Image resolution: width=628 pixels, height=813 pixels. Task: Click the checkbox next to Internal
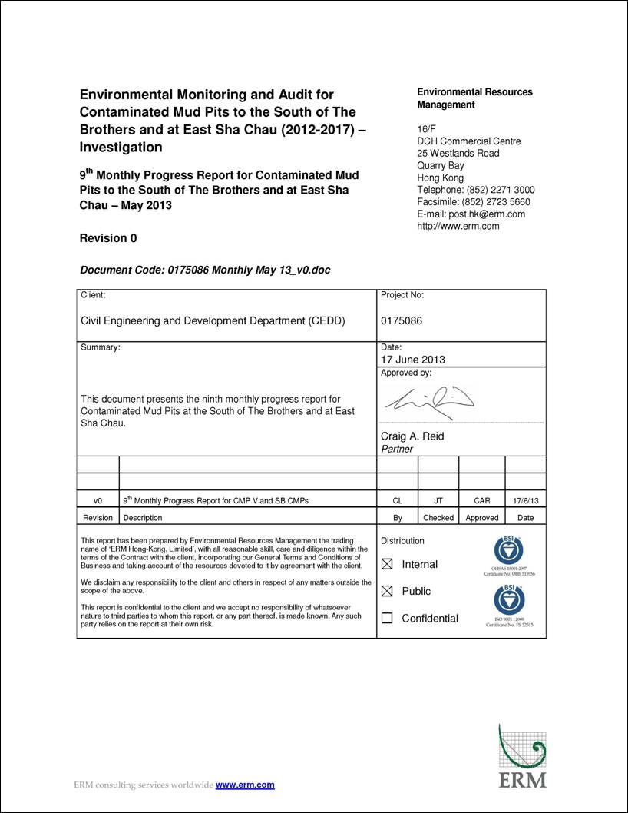coord(387,565)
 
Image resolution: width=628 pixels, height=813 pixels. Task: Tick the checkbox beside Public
coord(387,592)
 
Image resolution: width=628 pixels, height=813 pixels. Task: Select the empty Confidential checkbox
coord(387,619)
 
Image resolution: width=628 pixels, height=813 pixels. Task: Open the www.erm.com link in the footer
coord(245,785)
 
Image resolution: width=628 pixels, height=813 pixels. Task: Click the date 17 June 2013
coord(413,360)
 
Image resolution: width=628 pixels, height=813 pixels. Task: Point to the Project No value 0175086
coord(402,321)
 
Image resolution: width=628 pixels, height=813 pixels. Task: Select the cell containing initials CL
coord(398,501)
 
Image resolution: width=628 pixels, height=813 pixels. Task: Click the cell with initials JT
coord(438,501)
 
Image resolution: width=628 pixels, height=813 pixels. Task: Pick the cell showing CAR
coord(482,501)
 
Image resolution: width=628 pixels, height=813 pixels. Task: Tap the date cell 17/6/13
coord(526,501)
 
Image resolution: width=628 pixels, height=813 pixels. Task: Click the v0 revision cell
coord(98,501)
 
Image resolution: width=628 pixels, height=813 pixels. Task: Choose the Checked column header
coord(438,518)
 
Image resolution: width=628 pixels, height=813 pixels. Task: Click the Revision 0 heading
coord(108,238)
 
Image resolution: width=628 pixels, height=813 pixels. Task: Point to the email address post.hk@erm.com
coord(471,214)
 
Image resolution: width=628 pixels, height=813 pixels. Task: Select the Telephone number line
coord(475,190)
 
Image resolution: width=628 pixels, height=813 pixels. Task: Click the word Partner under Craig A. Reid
coord(397,449)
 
